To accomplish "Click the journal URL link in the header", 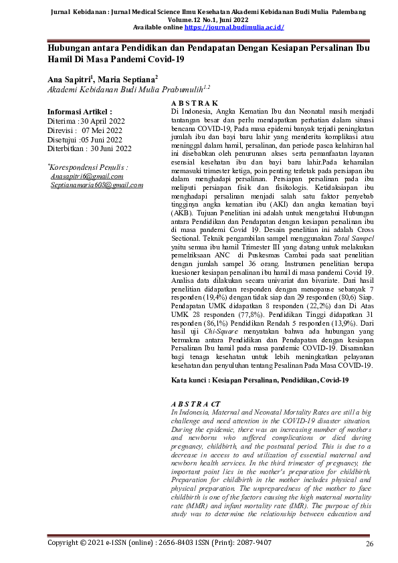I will click(x=234, y=27).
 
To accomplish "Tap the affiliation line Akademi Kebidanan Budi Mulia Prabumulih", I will click(x=114, y=88).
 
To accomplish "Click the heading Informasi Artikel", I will click(x=80, y=111).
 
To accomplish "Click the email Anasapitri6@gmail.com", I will click(x=88, y=176).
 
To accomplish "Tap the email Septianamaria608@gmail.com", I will click(x=97, y=184).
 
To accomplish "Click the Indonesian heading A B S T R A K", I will click(x=191, y=102).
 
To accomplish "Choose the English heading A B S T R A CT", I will click(x=196, y=405).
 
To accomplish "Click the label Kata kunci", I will click(x=189, y=380).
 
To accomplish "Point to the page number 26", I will click(x=369, y=544).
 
